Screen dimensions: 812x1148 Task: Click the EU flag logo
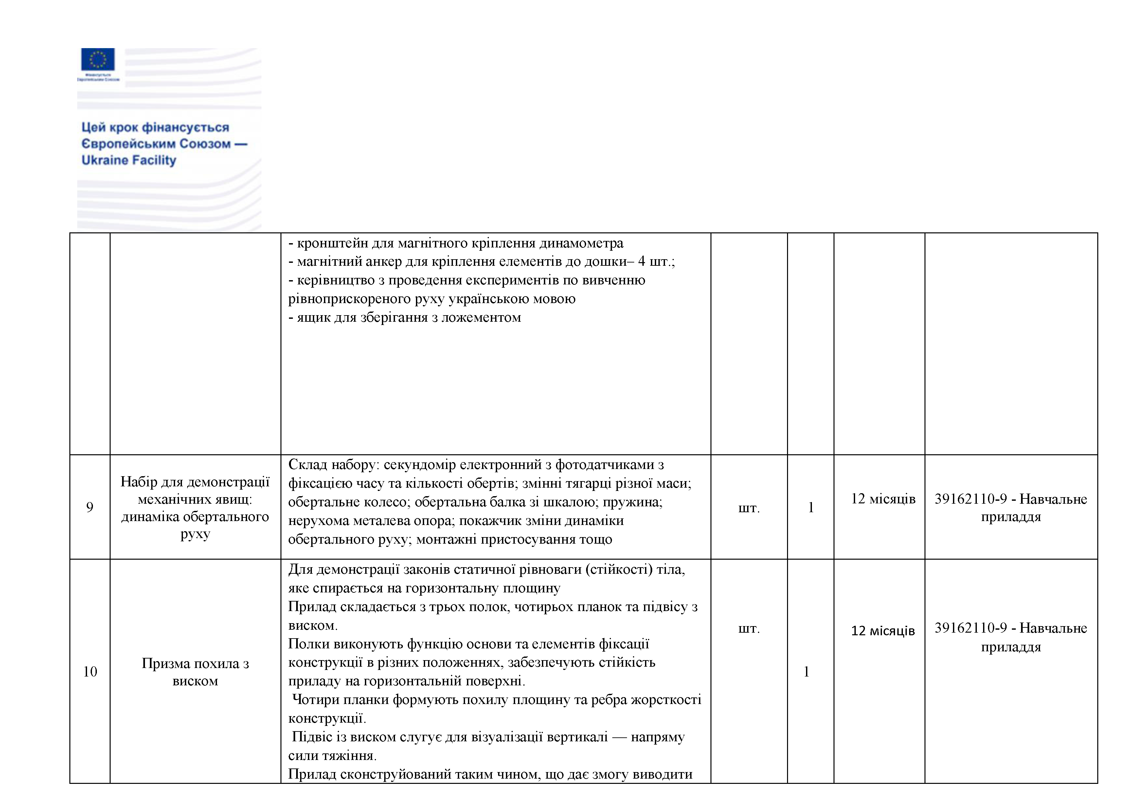click(98, 59)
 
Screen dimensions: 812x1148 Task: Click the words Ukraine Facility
click(129, 160)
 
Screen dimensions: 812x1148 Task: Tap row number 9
click(90, 507)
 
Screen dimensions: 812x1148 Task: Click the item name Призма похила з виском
click(195, 672)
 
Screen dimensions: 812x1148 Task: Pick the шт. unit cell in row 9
click(748, 508)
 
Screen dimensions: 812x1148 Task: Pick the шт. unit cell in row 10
click(748, 628)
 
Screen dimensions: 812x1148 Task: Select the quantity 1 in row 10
click(806, 672)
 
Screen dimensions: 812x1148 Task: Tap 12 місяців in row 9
click(883, 499)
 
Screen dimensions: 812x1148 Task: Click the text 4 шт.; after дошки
click(656, 262)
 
